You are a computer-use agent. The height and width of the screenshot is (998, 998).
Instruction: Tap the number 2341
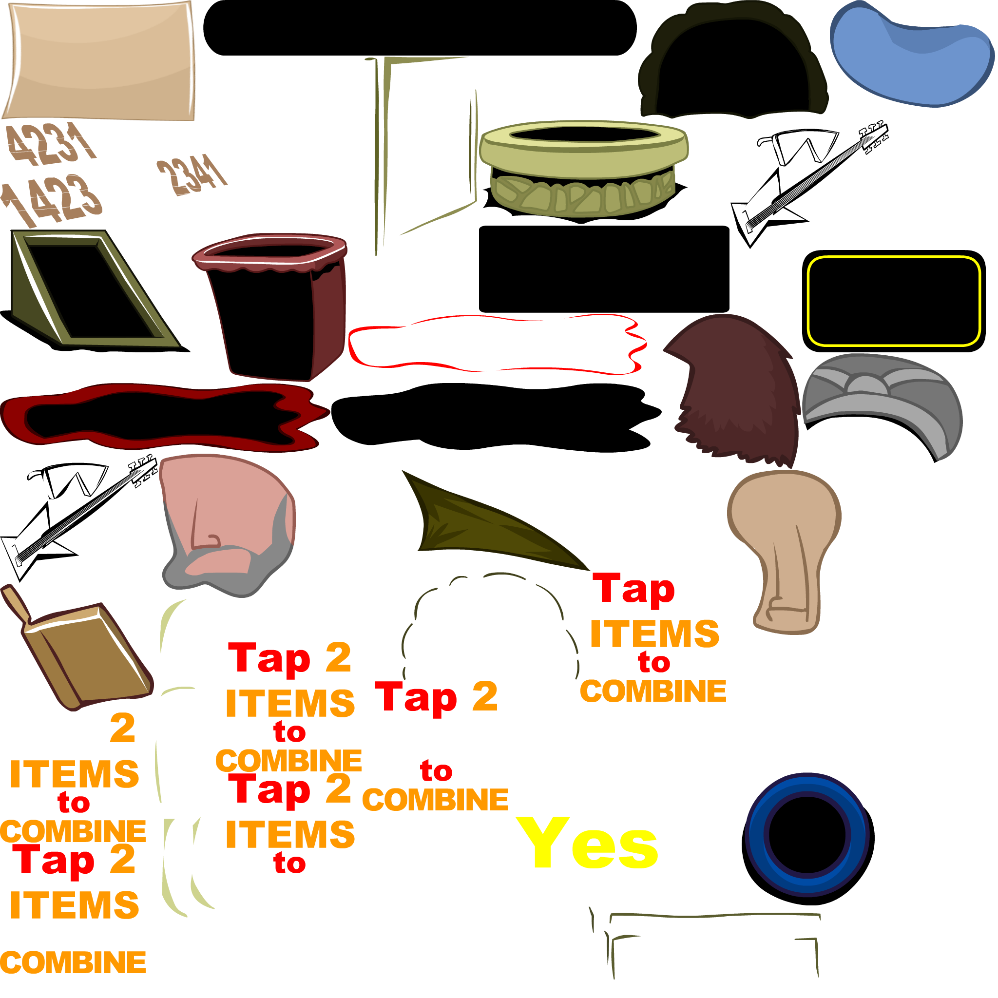tap(191, 174)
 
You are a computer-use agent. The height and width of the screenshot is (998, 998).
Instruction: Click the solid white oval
tap(916, 523)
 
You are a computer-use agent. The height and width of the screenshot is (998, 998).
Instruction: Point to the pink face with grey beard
tap(227, 522)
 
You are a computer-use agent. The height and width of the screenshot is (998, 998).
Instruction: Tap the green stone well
tap(584, 171)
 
